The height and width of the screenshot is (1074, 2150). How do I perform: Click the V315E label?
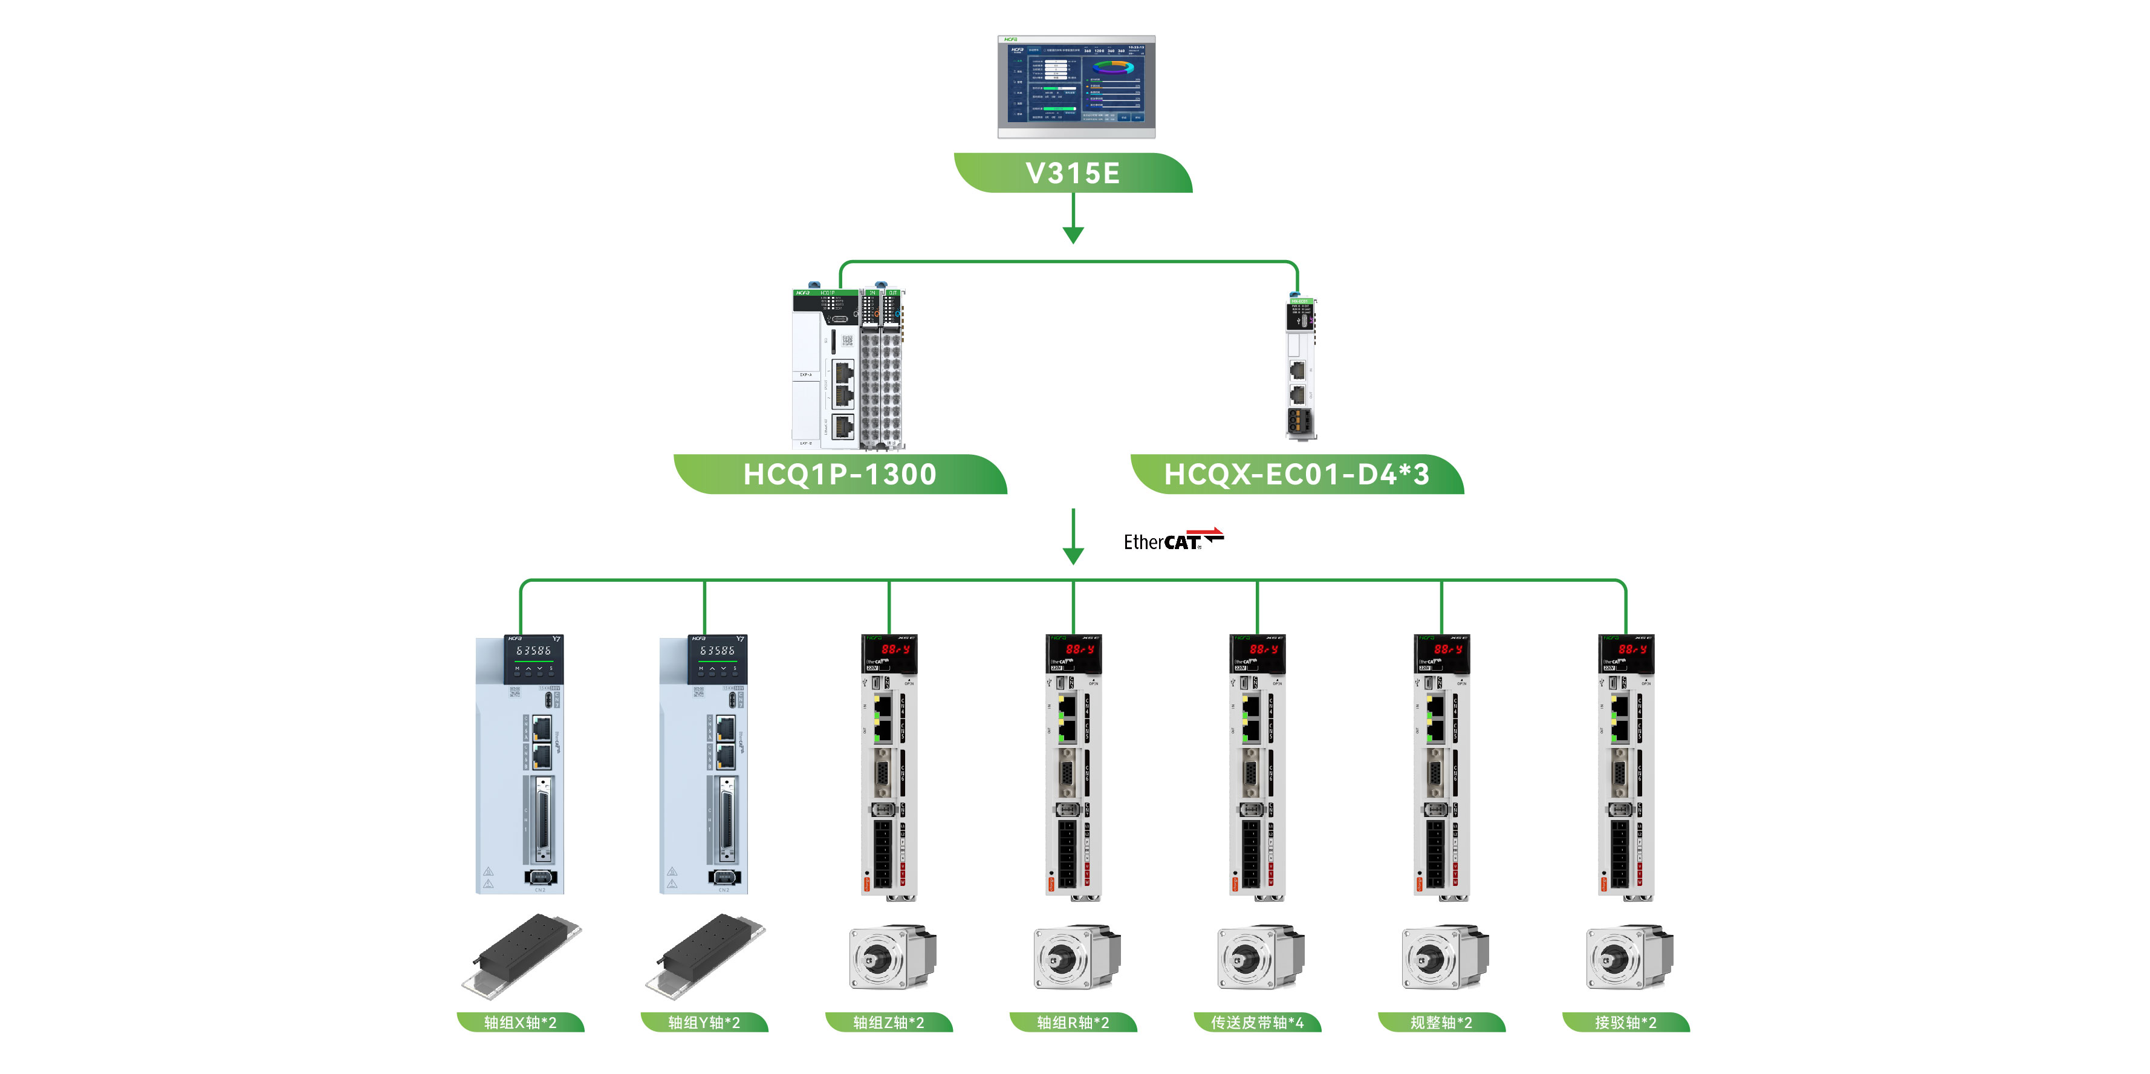1073,174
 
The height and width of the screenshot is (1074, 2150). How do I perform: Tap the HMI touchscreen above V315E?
1076,86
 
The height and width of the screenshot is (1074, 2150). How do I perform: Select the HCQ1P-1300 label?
840,474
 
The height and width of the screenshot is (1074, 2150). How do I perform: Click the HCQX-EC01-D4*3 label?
1296,474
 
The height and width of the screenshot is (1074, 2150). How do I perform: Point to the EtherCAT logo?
1173,540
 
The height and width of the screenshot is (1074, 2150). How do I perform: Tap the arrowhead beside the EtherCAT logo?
1073,556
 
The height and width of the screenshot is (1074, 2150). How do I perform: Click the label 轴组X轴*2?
520,1022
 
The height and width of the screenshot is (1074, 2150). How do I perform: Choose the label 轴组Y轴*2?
704,1022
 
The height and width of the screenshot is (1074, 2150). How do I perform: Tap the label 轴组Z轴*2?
888,1022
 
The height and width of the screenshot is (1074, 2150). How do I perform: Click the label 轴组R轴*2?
1073,1022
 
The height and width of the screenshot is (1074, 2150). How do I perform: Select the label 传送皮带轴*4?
1257,1022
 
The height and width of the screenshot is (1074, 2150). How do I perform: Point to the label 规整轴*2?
1441,1022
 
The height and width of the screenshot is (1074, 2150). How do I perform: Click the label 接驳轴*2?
1625,1022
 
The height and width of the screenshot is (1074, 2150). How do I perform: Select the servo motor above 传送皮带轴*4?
1259,956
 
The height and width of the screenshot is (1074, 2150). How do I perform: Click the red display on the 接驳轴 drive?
1632,649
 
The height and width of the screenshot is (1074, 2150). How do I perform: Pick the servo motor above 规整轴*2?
1444,956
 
